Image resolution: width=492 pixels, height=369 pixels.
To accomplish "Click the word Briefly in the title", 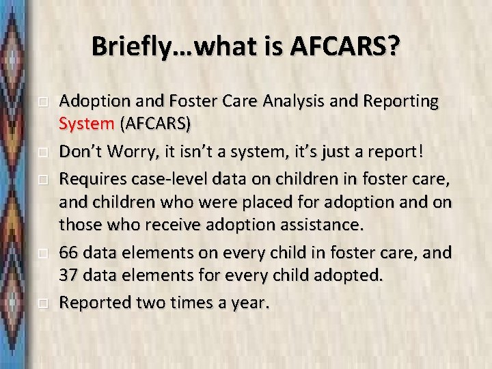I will [x=126, y=47].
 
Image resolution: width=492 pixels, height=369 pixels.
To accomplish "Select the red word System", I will [x=87, y=125].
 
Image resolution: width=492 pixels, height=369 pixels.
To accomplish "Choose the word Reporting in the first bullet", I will [x=398, y=101].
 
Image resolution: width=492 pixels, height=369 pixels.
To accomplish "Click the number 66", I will [x=69, y=252].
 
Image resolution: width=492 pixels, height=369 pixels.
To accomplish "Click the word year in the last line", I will [x=250, y=302].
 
